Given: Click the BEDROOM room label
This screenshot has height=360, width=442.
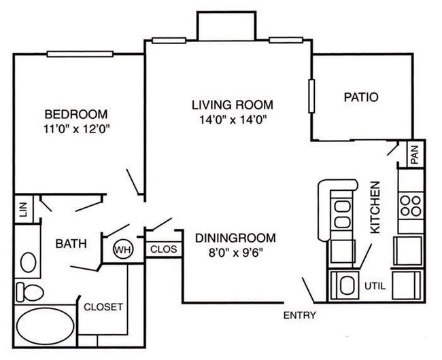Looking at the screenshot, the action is coord(76,114).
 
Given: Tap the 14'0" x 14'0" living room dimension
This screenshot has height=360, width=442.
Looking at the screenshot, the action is coord(233,120).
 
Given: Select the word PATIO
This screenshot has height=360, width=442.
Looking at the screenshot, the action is coord(361,97).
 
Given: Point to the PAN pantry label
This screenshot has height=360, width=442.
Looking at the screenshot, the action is coord(415,156).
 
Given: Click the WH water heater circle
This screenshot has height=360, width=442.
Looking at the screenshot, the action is coord(123,249).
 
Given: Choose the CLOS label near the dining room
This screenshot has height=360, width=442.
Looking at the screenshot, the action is coord(163,249).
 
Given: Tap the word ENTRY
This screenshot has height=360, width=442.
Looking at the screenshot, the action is coord(300,316).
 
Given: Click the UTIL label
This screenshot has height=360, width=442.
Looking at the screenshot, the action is coord(375,286).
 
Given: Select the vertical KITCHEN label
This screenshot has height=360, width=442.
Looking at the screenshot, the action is coord(375,207).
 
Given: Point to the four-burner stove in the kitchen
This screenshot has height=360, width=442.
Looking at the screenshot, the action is coord(411,206).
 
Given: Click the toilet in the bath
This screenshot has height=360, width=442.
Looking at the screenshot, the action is coord(29,292).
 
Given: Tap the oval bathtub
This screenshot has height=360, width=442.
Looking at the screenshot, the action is coord(45,326).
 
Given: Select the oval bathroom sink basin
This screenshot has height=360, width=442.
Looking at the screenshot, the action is coord(28,262).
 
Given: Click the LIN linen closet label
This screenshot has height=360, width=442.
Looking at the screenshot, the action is coord(23,209).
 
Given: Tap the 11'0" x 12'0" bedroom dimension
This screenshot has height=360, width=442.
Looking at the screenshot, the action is coord(76,129).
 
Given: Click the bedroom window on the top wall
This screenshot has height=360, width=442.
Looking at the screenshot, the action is coord(80,54).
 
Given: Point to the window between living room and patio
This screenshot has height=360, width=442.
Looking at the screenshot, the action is coord(311,96).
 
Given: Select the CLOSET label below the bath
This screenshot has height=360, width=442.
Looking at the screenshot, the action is coord(103,307).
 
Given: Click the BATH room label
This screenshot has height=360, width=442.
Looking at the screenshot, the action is coord(71,244).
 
